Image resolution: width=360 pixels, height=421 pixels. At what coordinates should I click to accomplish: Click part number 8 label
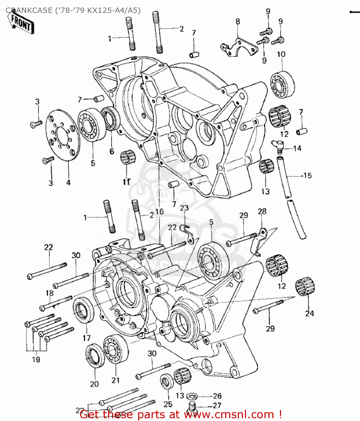coord(238,21)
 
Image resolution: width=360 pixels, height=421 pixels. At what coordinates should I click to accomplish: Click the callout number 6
coord(112,151)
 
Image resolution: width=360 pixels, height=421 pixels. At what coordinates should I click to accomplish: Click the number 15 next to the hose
coord(307,176)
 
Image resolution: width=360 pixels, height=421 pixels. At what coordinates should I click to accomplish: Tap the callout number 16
coord(159,211)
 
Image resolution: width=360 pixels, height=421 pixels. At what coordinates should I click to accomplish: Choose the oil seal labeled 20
coord(95,359)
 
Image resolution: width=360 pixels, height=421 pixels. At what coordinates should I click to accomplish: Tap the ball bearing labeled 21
coord(115,349)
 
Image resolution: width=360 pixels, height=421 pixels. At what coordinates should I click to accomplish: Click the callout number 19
coord(36,360)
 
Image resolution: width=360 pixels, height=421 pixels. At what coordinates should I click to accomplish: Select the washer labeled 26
coord(192,396)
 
